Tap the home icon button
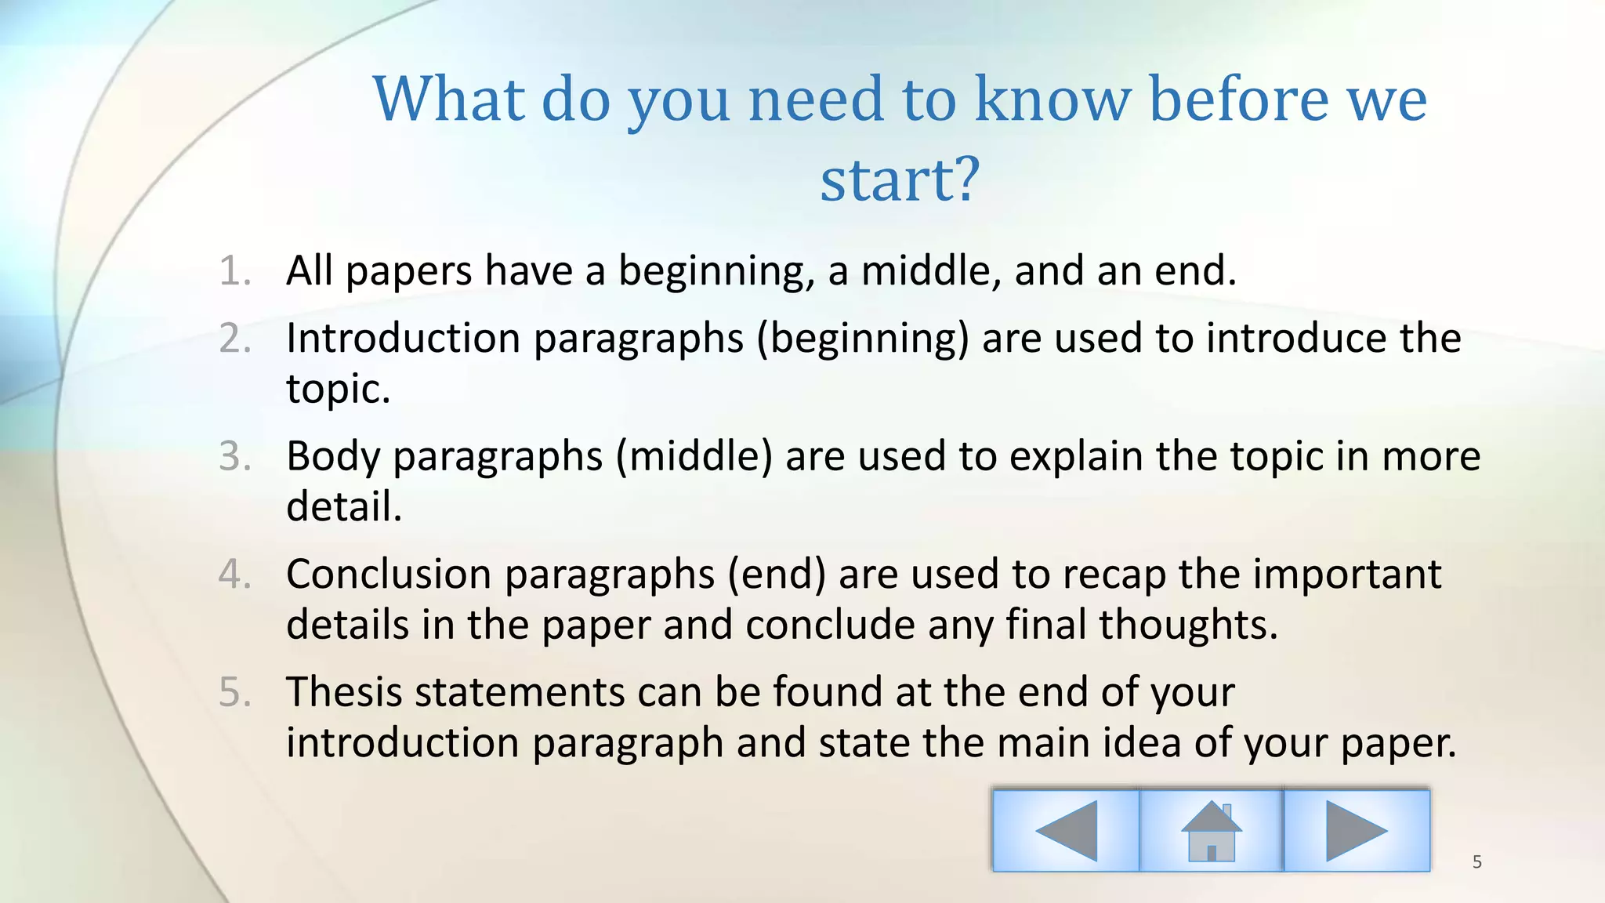click(x=1211, y=830)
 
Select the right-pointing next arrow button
click(x=1357, y=830)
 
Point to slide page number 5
click(x=1477, y=862)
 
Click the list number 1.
click(x=234, y=271)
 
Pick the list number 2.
click(x=234, y=339)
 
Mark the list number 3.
click(x=234, y=456)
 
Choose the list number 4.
click(x=234, y=574)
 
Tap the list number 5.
click(x=234, y=692)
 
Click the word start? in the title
click(x=900, y=180)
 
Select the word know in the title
click(x=1052, y=100)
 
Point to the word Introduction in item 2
click(x=404, y=339)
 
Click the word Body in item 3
click(x=332, y=456)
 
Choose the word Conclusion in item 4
click(x=389, y=574)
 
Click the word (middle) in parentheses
click(x=694, y=456)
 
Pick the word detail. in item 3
click(x=344, y=506)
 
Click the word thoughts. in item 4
click(x=1188, y=625)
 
